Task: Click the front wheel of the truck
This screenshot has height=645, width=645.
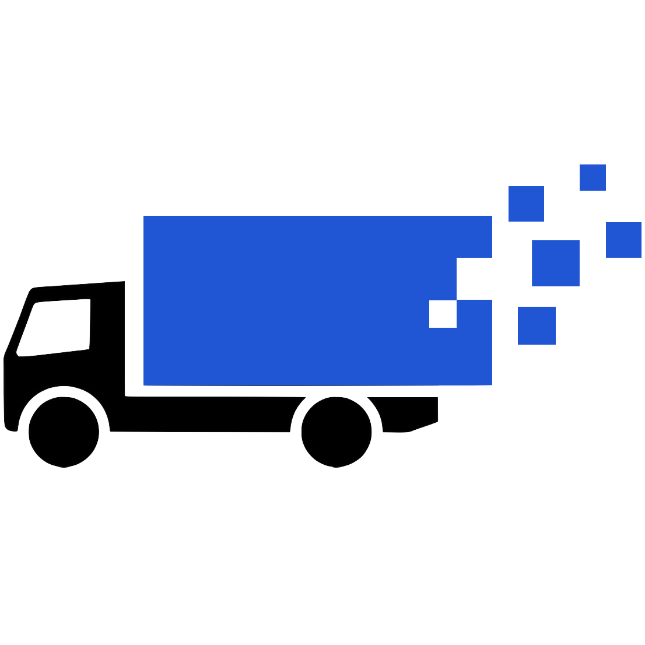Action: [64, 432]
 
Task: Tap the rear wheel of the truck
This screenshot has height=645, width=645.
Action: [336, 432]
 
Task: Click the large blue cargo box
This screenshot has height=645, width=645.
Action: [292, 300]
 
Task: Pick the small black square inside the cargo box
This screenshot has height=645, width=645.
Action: [443, 314]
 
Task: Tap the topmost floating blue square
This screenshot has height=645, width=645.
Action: [593, 177]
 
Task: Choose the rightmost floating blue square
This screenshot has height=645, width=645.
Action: [623, 240]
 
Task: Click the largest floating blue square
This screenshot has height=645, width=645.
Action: [555, 263]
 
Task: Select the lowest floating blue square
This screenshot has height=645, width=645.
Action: [537, 325]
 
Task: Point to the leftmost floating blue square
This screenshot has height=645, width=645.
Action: [526, 204]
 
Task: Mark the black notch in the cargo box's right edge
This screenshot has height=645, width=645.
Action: [474, 278]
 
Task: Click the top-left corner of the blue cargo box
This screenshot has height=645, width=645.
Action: [145, 217]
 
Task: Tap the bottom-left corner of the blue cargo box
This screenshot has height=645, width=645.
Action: [145, 384]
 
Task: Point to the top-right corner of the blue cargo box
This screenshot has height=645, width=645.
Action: [491, 217]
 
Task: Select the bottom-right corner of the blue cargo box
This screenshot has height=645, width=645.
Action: [491, 384]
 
